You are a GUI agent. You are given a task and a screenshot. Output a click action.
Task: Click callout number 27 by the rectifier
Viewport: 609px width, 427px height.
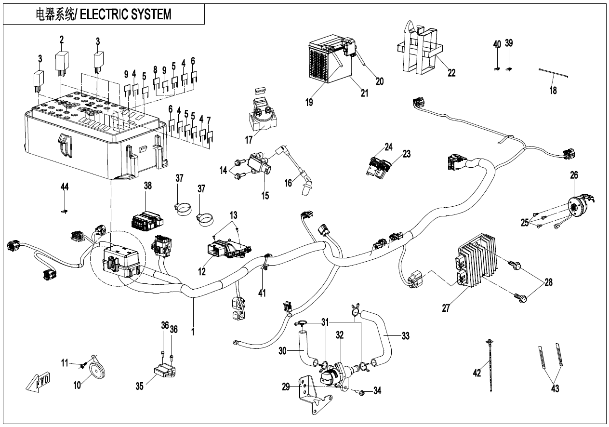(446, 308)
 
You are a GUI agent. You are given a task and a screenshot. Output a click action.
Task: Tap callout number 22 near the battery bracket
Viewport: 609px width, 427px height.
(451, 73)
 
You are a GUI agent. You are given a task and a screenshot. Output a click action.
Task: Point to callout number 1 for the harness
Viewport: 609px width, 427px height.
(193, 333)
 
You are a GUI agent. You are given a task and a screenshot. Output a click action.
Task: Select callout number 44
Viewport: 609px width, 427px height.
(65, 187)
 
